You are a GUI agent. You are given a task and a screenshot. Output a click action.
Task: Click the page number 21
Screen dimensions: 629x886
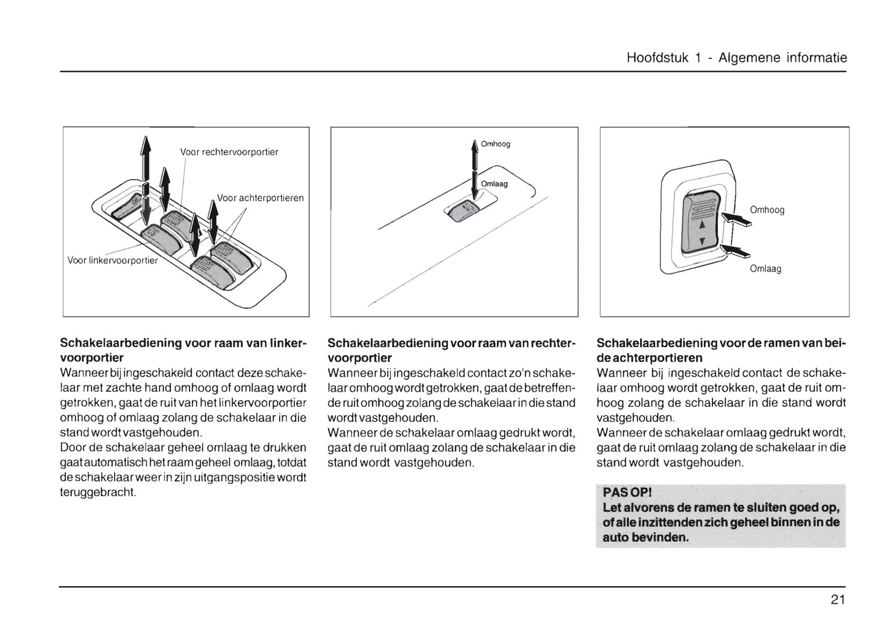click(838, 600)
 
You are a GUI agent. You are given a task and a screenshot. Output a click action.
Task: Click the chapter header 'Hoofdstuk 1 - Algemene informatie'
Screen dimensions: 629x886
click(736, 58)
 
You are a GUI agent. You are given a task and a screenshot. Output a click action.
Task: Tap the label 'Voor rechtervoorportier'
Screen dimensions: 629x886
click(229, 152)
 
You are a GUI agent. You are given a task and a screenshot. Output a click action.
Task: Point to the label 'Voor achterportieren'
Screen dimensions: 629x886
click(261, 198)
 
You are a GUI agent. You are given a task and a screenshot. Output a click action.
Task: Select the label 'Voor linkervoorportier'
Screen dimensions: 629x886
click(113, 261)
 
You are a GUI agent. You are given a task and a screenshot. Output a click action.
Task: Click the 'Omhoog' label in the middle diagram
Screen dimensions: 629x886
click(495, 144)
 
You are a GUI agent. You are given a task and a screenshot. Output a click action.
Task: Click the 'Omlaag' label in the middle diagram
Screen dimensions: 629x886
click(494, 184)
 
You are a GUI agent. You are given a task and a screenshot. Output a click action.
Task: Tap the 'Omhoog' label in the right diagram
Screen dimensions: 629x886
click(767, 210)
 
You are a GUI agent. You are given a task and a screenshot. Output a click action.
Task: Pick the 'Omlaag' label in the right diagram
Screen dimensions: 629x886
click(765, 269)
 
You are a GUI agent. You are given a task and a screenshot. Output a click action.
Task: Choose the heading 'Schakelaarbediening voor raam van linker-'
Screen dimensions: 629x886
click(183, 343)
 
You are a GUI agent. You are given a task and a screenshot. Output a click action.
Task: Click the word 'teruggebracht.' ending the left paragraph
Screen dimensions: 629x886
click(98, 492)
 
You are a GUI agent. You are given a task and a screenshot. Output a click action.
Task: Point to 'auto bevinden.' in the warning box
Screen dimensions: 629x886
click(646, 538)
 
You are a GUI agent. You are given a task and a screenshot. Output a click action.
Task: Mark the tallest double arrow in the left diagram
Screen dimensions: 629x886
click(145, 181)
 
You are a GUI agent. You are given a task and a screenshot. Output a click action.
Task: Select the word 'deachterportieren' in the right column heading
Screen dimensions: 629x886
click(649, 357)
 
